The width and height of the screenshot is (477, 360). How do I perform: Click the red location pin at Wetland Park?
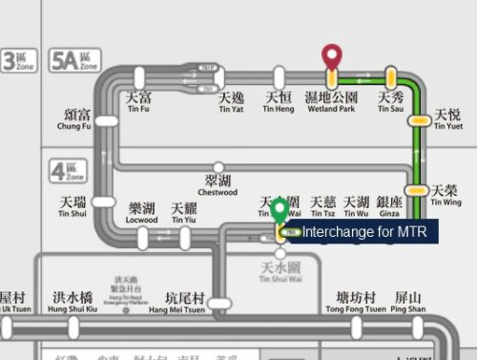(331, 57)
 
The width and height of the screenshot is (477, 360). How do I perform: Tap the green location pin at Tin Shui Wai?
(279, 211)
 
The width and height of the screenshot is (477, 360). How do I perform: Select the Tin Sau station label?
(391, 102)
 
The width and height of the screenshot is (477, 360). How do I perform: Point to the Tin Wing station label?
(446, 195)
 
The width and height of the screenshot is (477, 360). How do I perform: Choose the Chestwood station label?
(218, 185)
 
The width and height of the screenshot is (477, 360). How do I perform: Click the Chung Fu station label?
(74, 118)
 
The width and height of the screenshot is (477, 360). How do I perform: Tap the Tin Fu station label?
(139, 102)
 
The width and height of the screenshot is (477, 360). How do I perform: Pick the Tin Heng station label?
(279, 102)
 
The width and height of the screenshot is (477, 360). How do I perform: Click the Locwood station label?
(142, 213)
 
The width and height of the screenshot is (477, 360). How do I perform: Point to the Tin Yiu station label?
(184, 213)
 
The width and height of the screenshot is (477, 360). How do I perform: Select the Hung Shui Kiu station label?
(73, 302)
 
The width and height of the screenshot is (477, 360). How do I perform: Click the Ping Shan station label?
(408, 302)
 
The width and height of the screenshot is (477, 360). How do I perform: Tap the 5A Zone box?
(76, 61)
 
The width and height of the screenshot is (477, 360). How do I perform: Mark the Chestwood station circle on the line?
(218, 168)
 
